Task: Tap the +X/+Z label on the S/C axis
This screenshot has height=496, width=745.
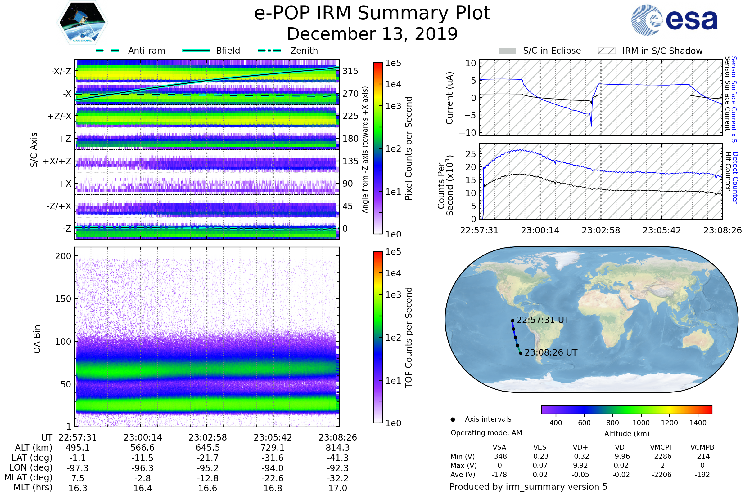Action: (x=57, y=161)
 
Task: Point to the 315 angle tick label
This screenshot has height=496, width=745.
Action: (x=350, y=71)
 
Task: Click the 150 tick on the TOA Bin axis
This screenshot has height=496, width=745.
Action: (x=63, y=299)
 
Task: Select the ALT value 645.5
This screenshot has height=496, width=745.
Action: (x=207, y=448)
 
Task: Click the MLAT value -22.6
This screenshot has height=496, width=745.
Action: (x=273, y=478)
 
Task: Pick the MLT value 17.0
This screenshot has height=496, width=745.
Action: (x=337, y=488)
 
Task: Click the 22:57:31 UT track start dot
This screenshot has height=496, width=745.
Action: (x=512, y=321)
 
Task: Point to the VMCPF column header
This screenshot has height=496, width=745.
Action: (x=661, y=447)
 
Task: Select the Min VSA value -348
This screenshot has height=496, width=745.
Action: (x=499, y=456)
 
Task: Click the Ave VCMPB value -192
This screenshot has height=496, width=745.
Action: (x=702, y=475)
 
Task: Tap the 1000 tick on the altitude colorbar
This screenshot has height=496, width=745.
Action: (x=641, y=423)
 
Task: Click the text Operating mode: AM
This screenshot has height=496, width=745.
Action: (x=486, y=433)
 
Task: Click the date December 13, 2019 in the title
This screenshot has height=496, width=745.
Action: (x=372, y=34)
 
